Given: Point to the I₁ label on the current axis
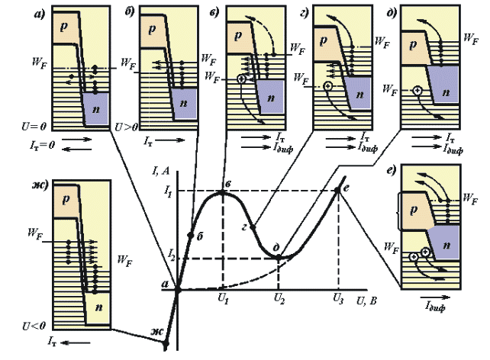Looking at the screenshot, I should [x=169, y=189].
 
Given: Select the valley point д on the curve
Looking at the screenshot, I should [x=279, y=257].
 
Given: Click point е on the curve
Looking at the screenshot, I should [x=338, y=191].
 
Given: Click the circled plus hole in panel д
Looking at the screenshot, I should [x=417, y=91].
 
